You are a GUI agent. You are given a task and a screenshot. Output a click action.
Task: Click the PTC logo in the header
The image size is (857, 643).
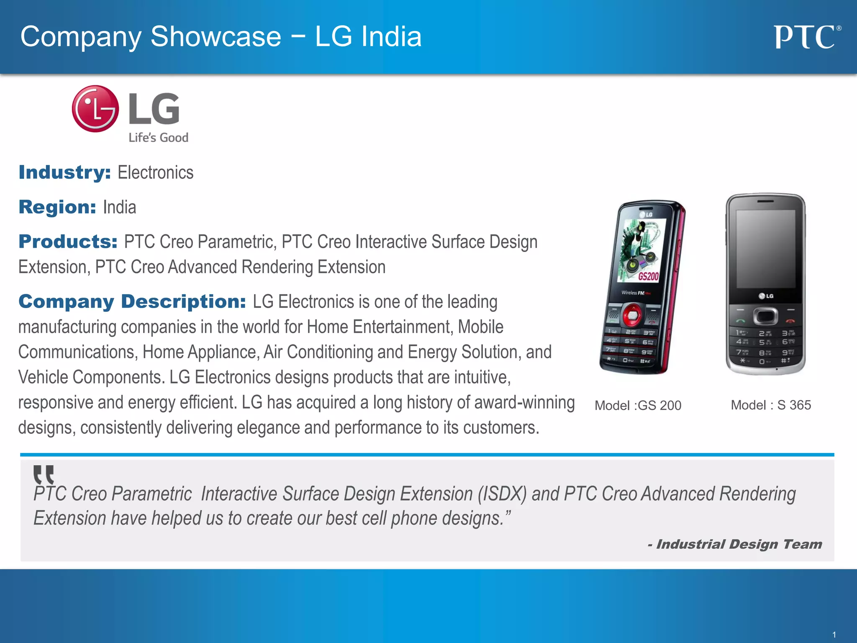[806, 37]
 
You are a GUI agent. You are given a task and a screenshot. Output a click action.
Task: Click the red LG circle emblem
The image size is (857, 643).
[95, 109]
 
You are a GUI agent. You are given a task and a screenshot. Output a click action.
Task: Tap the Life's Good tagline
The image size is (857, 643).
[158, 138]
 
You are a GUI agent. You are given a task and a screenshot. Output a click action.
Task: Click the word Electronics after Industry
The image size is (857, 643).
[155, 172]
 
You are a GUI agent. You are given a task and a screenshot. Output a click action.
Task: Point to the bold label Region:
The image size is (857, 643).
[57, 207]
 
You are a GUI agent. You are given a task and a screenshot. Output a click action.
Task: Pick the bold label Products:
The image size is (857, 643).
[68, 242]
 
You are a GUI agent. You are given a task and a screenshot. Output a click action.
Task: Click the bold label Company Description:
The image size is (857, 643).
[132, 302]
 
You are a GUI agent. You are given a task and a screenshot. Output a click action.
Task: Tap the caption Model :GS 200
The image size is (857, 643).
[638, 405]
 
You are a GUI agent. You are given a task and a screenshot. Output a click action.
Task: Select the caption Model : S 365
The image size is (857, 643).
[771, 405]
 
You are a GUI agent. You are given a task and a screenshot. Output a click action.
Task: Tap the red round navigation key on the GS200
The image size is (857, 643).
[632, 315]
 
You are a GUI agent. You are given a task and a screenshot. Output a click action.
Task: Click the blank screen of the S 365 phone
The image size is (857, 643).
[765, 249]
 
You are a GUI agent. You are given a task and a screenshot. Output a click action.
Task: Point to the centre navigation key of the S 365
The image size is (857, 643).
[765, 316]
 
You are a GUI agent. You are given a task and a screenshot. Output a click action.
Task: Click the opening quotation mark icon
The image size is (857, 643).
[44, 474]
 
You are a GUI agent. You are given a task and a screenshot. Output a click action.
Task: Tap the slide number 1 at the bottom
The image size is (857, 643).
[834, 635]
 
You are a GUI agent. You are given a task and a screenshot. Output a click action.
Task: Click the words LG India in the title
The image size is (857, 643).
[368, 36]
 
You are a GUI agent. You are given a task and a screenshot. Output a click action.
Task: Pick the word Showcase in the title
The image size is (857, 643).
[216, 36]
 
